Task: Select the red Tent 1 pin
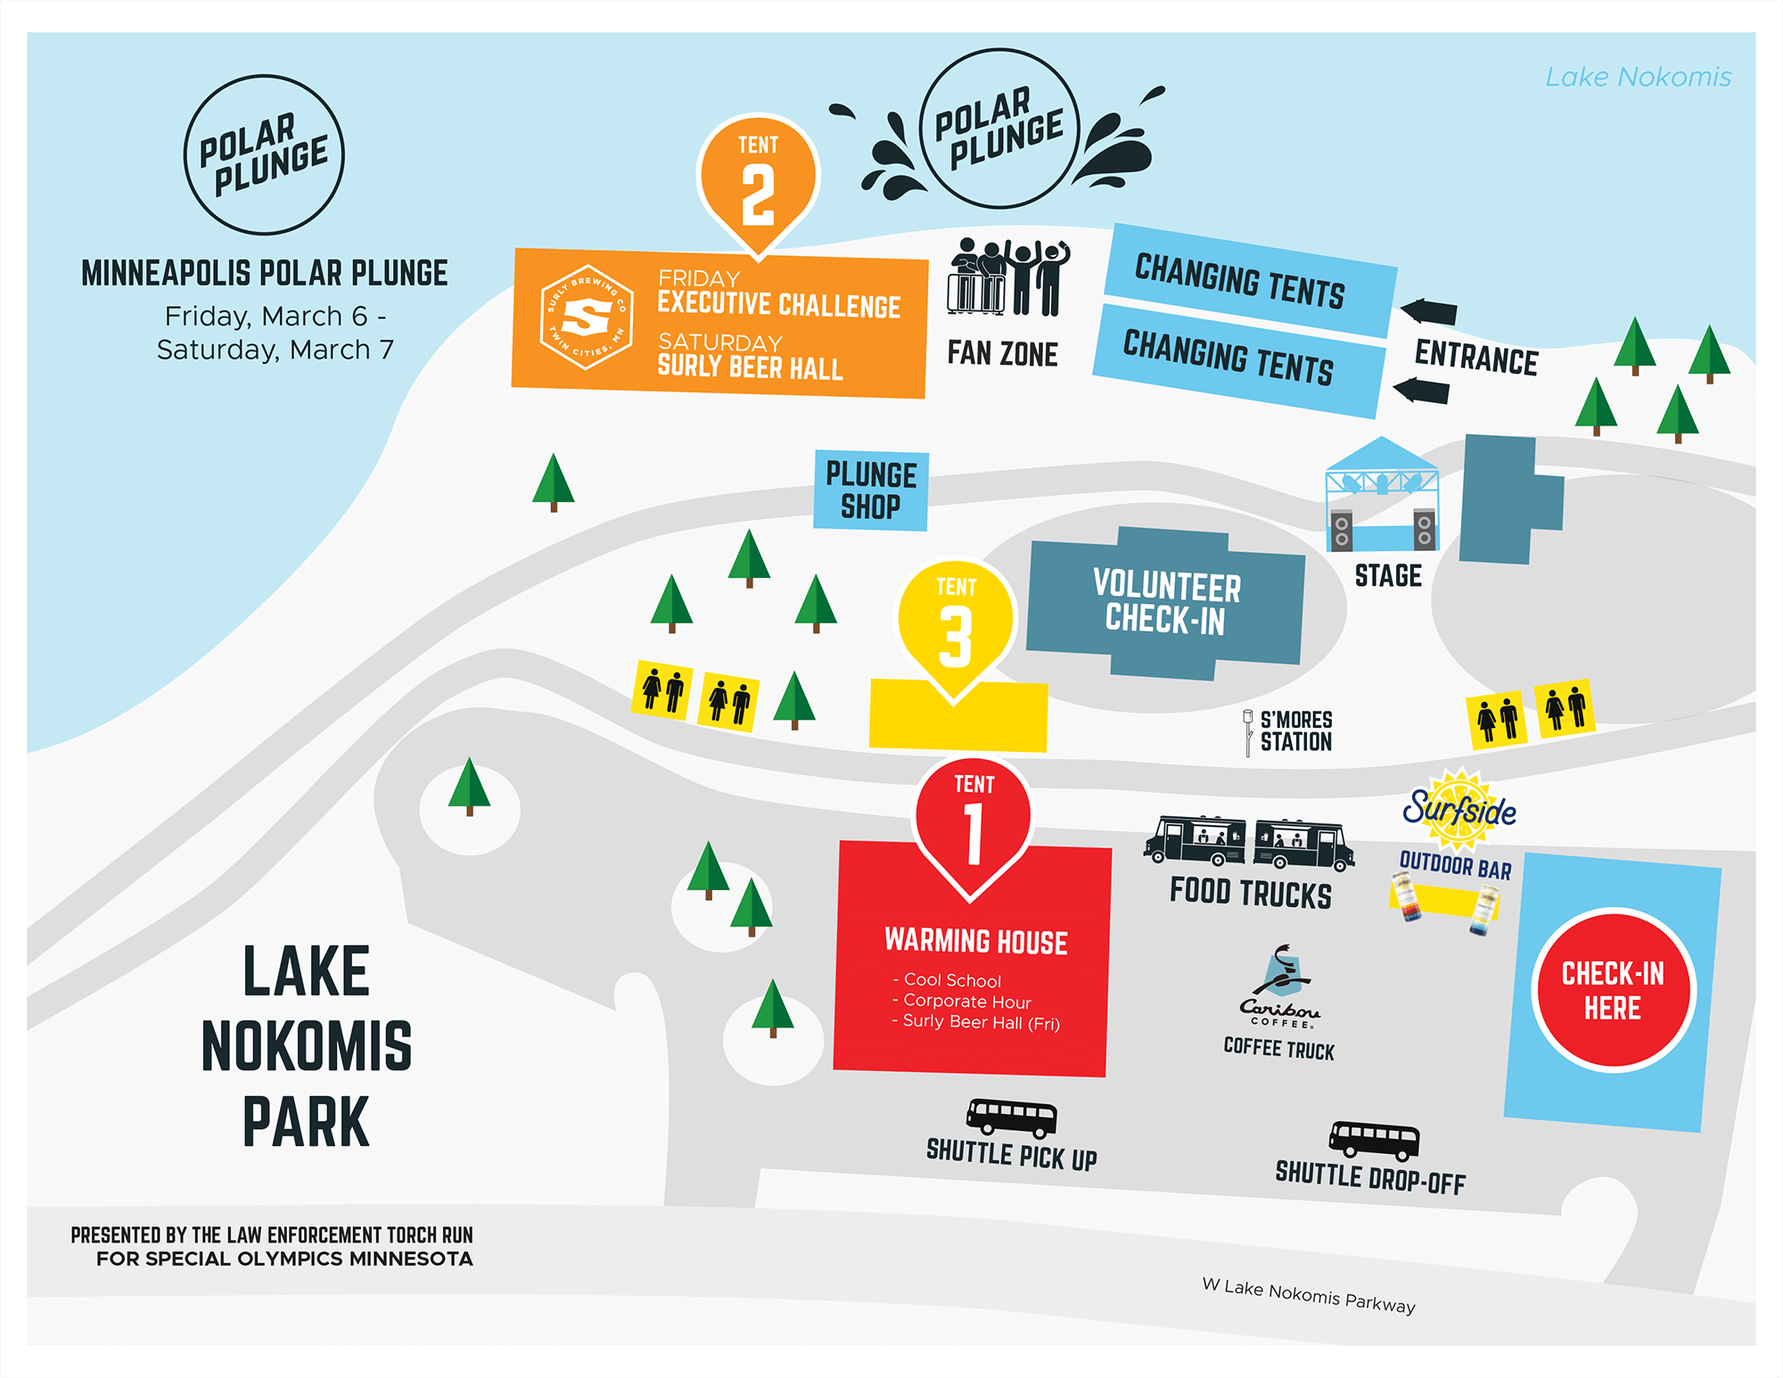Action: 973,821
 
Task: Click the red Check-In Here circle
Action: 1613,989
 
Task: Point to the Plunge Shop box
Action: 870,490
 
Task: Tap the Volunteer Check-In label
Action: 1166,602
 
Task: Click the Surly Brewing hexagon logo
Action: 587,318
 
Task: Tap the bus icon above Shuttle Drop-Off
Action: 1374,1139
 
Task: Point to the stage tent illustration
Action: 1382,495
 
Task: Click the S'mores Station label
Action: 1295,731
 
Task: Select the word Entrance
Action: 1476,358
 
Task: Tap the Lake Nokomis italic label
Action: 1638,78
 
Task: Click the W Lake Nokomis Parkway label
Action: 1308,1295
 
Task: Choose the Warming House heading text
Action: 975,941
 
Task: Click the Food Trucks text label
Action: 1250,893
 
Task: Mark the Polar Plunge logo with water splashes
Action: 999,128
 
